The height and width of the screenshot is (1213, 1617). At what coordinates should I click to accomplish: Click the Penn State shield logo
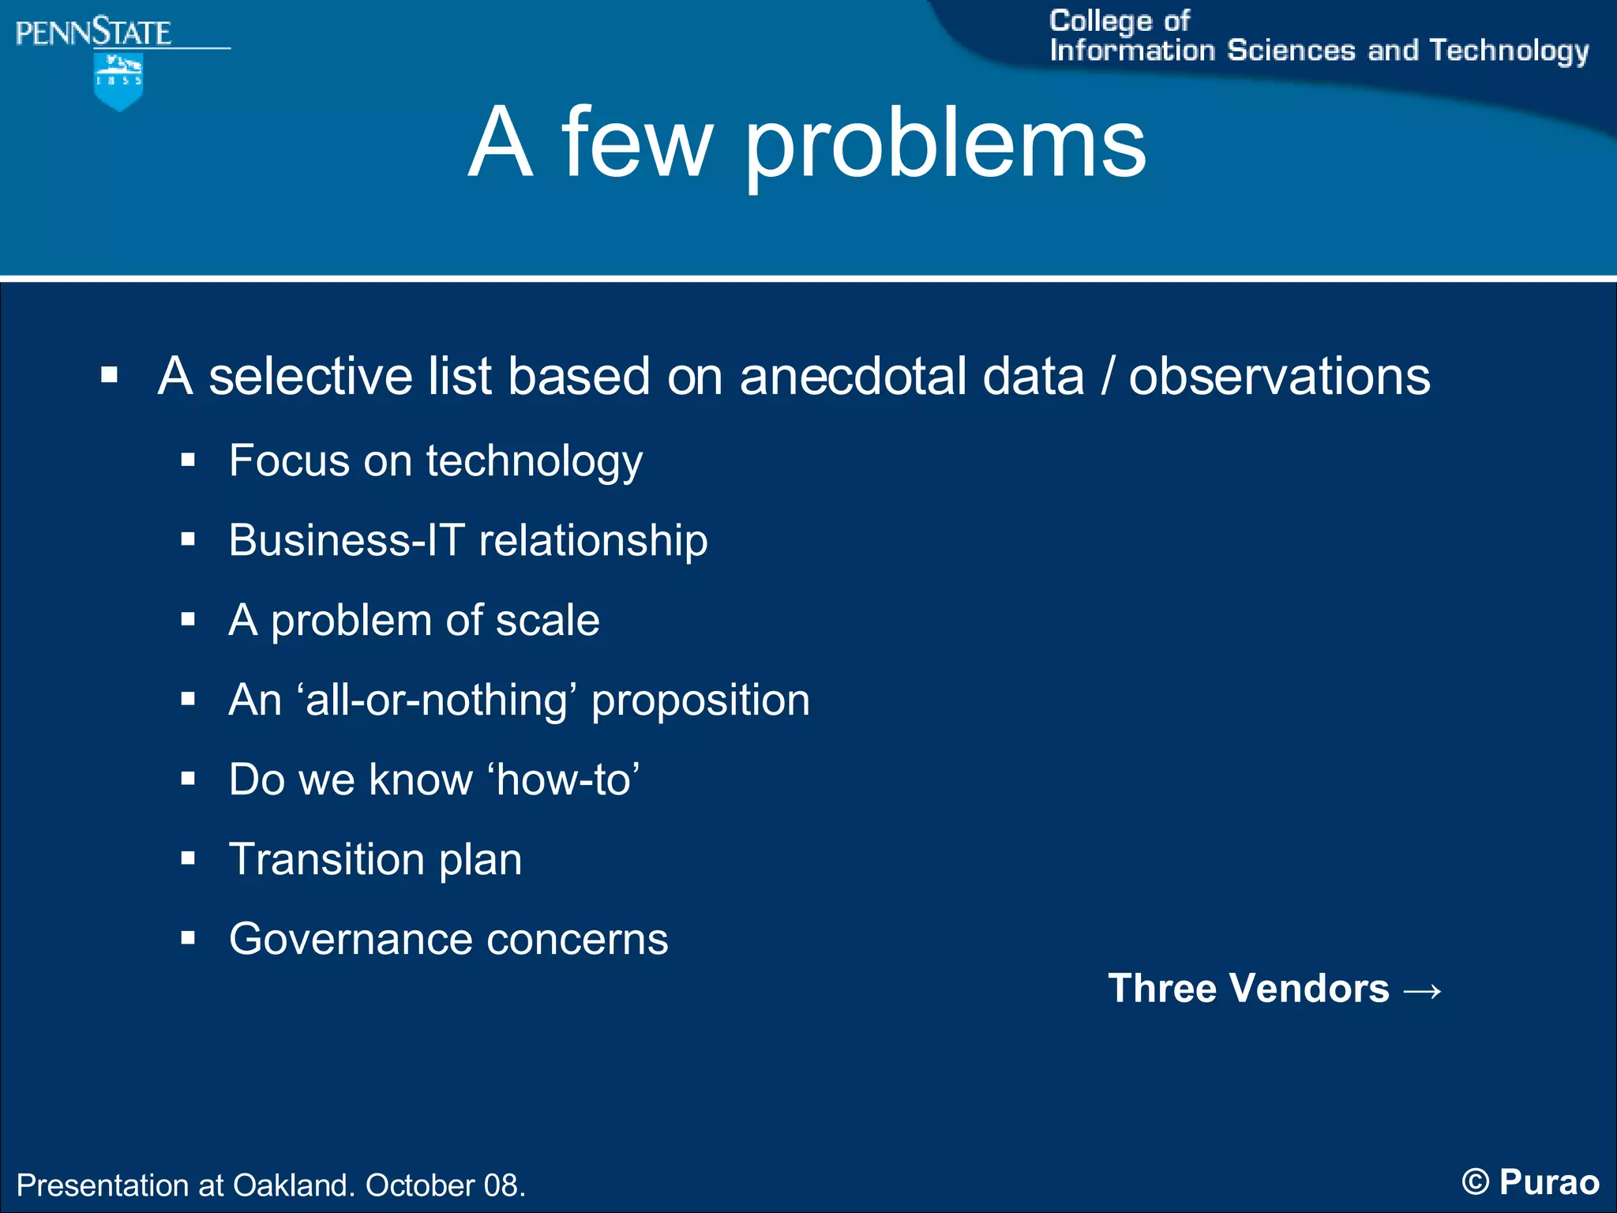(x=118, y=81)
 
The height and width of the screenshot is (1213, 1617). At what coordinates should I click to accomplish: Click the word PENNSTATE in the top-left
(x=93, y=33)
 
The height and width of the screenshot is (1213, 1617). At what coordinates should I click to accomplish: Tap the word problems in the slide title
(x=945, y=145)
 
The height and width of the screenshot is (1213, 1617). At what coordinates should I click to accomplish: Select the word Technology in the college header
(x=1509, y=51)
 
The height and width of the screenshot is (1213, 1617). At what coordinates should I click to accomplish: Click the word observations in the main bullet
(x=1279, y=376)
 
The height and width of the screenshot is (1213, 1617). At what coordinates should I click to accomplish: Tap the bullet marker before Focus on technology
(x=188, y=460)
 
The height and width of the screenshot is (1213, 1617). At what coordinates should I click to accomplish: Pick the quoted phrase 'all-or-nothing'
(x=437, y=700)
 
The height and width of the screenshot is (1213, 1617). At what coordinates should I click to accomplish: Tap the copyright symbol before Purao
(x=1475, y=1182)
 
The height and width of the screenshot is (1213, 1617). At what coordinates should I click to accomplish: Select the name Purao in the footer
(x=1549, y=1182)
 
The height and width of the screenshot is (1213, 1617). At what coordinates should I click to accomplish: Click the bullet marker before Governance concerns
(x=188, y=939)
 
